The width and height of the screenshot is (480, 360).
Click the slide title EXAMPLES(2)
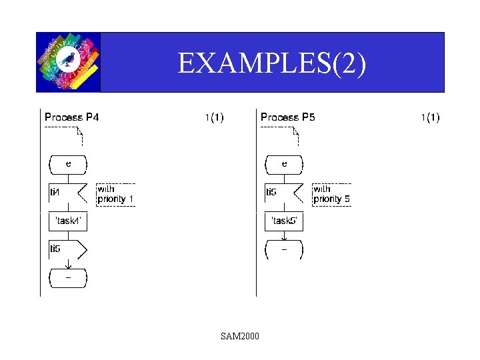272,63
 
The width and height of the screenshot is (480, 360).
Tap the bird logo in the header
68,61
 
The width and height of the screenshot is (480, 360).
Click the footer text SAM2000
240,335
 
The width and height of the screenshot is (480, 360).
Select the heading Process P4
72,117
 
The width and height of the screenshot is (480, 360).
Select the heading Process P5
288,117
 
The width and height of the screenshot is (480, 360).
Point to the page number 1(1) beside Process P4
214,118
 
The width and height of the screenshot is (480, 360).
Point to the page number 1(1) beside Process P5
430,118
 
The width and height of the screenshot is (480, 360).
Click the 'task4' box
68,221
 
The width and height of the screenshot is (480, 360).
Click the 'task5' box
284,221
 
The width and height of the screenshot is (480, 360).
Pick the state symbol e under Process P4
68,164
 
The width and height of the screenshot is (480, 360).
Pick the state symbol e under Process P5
284,164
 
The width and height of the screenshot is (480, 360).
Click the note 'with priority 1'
116,194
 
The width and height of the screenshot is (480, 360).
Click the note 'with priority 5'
332,194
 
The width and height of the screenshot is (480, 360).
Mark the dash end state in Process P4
68,278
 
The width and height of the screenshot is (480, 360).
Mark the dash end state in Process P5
284,250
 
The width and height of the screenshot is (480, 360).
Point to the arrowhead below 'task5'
284,238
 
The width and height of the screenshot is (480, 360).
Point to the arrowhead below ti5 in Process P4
68,266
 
